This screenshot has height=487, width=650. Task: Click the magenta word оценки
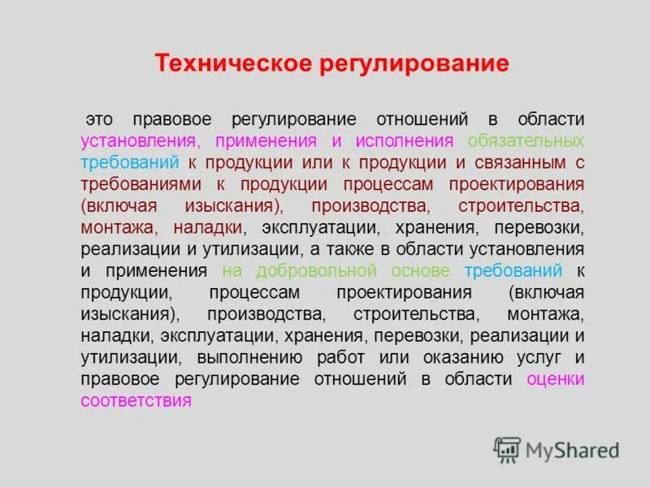click(x=556, y=378)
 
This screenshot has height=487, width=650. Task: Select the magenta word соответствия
click(x=136, y=400)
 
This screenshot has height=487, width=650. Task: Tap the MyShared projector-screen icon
click(x=507, y=449)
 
